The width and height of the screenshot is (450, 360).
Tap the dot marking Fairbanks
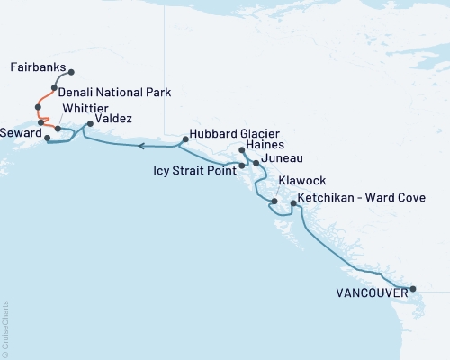click(71, 73)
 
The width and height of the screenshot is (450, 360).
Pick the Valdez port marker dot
click(89, 124)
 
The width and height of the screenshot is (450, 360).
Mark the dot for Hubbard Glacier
click(184, 139)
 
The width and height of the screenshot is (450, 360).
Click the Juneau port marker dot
click(256, 163)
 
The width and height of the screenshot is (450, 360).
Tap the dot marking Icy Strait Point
click(241, 166)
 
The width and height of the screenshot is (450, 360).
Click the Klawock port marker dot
click(274, 201)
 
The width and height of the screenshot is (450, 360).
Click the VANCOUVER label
click(369, 292)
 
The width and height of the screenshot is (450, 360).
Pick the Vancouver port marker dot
click(413, 289)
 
